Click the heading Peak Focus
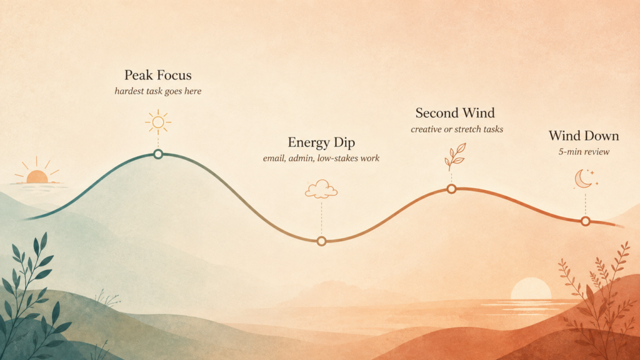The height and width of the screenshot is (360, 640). [x=158, y=75]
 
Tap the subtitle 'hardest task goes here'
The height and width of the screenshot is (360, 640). [x=158, y=91]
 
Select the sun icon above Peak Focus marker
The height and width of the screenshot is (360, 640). [x=158, y=122]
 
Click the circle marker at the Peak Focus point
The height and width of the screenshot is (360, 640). [x=158, y=154]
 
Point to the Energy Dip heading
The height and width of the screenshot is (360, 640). [x=321, y=142]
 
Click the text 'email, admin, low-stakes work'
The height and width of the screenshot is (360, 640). [x=321, y=158]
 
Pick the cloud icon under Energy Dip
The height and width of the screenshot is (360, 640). [x=321, y=189]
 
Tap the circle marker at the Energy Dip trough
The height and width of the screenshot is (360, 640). [x=322, y=241]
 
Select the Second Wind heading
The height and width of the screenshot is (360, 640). [x=455, y=112]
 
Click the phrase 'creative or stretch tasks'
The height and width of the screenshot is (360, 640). [x=457, y=129]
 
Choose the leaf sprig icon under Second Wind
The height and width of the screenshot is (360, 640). [x=455, y=157]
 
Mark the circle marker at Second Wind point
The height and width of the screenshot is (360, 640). [x=451, y=189]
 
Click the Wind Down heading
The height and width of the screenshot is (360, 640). [x=584, y=136]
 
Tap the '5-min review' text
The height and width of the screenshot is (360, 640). [x=584, y=152]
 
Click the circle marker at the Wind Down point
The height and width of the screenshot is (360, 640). [x=586, y=221]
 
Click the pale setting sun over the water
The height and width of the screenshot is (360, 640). [x=531, y=289]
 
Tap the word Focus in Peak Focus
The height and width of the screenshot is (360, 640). [x=174, y=75]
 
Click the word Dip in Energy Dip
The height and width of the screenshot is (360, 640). [x=344, y=142]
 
